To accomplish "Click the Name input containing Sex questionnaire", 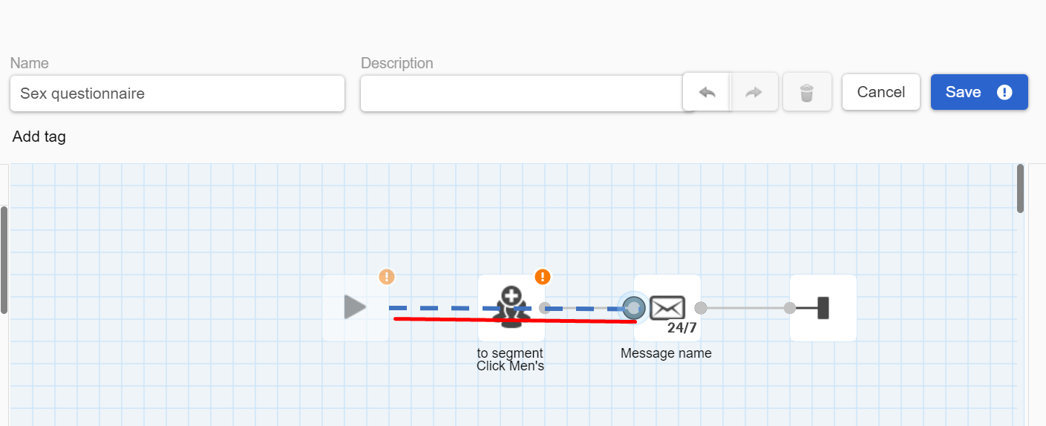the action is tap(177, 94).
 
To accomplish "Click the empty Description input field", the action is tap(521, 94).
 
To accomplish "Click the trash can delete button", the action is tap(807, 92).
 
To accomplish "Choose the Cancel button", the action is tap(880, 92).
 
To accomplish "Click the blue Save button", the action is tap(979, 92).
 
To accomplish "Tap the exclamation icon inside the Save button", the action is tap(1004, 92).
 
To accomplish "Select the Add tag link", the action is tap(39, 137).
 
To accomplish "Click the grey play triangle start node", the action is tap(355, 307).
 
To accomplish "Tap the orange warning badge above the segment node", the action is tap(542, 277).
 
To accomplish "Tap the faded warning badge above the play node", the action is tap(387, 277).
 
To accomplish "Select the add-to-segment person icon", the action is tap(511, 307).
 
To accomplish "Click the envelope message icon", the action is tap(667, 307).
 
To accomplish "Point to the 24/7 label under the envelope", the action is tap(681, 328).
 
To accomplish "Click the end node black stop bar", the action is tap(823, 308).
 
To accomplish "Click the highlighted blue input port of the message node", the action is tap(634, 308).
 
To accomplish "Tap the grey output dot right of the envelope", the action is tap(701, 308).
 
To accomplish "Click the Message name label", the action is tap(666, 353).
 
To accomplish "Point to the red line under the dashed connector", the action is tap(515, 320).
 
